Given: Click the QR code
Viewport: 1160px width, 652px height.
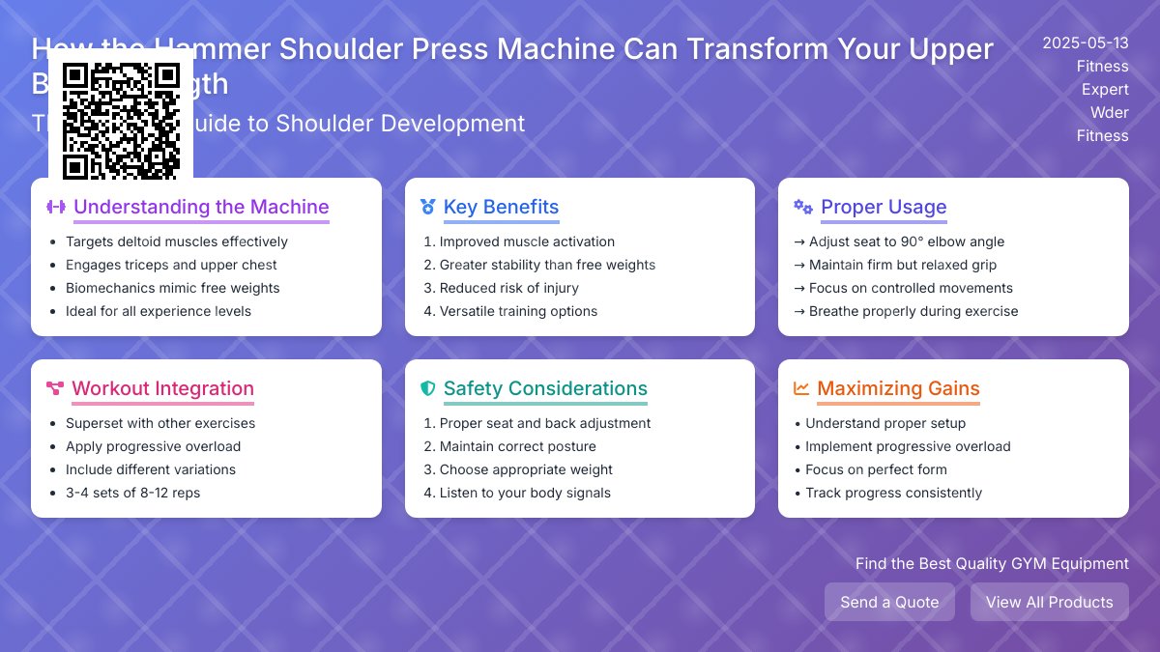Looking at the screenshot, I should click(121, 121).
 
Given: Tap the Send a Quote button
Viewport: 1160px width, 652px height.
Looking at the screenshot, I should click(889, 602).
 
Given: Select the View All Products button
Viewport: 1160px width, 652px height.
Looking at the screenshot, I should click(1049, 602).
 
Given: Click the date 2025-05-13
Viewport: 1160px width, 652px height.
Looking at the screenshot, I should click(1085, 43).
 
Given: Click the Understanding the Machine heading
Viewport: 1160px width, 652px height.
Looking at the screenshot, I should click(201, 207).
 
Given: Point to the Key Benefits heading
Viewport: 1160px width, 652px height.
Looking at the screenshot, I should click(501, 207).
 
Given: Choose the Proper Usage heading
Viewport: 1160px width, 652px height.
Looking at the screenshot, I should click(884, 207).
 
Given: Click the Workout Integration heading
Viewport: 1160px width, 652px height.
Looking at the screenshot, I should click(162, 388).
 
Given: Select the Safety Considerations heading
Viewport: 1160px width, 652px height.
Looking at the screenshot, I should click(545, 388).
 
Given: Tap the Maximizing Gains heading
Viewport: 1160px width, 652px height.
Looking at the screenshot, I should click(898, 388).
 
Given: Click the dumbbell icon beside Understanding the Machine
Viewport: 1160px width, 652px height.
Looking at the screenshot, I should click(56, 207).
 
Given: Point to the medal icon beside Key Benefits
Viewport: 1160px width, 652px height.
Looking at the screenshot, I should click(428, 207).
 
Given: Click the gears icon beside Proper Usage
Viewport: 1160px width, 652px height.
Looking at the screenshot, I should click(802, 207).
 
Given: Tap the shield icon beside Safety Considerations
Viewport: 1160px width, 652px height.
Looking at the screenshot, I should click(428, 388).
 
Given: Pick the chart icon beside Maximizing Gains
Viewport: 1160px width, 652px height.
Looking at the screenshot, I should click(801, 388).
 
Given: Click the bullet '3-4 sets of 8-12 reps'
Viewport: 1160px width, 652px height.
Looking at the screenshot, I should click(132, 493).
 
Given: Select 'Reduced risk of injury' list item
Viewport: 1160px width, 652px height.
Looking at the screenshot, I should click(508, 288).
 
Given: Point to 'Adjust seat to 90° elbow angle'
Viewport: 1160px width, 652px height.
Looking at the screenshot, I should click(907, 241).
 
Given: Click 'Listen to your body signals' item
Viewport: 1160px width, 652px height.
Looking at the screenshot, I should click(525, 493).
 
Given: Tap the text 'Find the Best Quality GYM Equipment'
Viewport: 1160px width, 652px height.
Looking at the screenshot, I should click(992, 563).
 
